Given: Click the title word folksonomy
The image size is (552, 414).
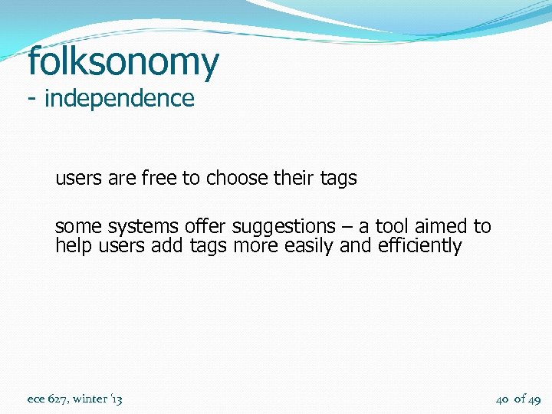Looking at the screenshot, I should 123,63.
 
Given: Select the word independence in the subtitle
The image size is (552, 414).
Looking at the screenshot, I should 120,99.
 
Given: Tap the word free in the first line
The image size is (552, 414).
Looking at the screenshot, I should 157,179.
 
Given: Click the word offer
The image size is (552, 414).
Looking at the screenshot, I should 206,227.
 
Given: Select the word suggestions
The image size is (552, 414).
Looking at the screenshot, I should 284,228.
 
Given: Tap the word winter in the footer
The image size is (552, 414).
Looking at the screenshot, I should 91,399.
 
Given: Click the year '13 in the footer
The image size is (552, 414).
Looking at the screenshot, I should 117,399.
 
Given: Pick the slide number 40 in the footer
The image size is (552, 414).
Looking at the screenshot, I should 503,399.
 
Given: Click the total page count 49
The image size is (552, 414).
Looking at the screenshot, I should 534,399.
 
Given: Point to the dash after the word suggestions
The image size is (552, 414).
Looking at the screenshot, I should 345,228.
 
